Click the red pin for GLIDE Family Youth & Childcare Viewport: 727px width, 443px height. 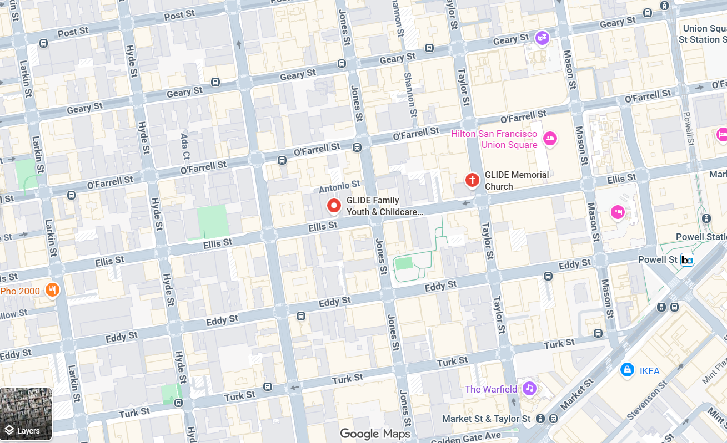[x=334, y=206]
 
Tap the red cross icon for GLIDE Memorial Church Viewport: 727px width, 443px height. [x=472, y=180]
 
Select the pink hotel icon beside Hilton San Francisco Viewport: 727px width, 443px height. [x=550, y=139]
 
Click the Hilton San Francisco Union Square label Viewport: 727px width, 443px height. [x=494, y=140]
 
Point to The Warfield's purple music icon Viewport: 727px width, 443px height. [x=529, y=389]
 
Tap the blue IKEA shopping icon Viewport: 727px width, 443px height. [x=627, y=369]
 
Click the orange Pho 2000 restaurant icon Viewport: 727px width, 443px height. [x=52, y=290]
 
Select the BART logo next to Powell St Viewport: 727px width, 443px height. [x=687, y=259]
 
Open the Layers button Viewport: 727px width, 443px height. [x=26, y=414]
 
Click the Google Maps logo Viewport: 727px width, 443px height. [x=375, y=434]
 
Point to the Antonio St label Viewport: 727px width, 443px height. [x=339, y=187]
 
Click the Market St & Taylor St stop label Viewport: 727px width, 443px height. [x=486, y=419]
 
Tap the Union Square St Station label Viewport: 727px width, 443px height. [x=703, y=34]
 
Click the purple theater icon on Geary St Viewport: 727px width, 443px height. [x=542, y=38]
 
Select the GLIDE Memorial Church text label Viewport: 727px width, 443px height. [x=517, y=181]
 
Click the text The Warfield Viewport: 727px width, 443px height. [x=491, y=389]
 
